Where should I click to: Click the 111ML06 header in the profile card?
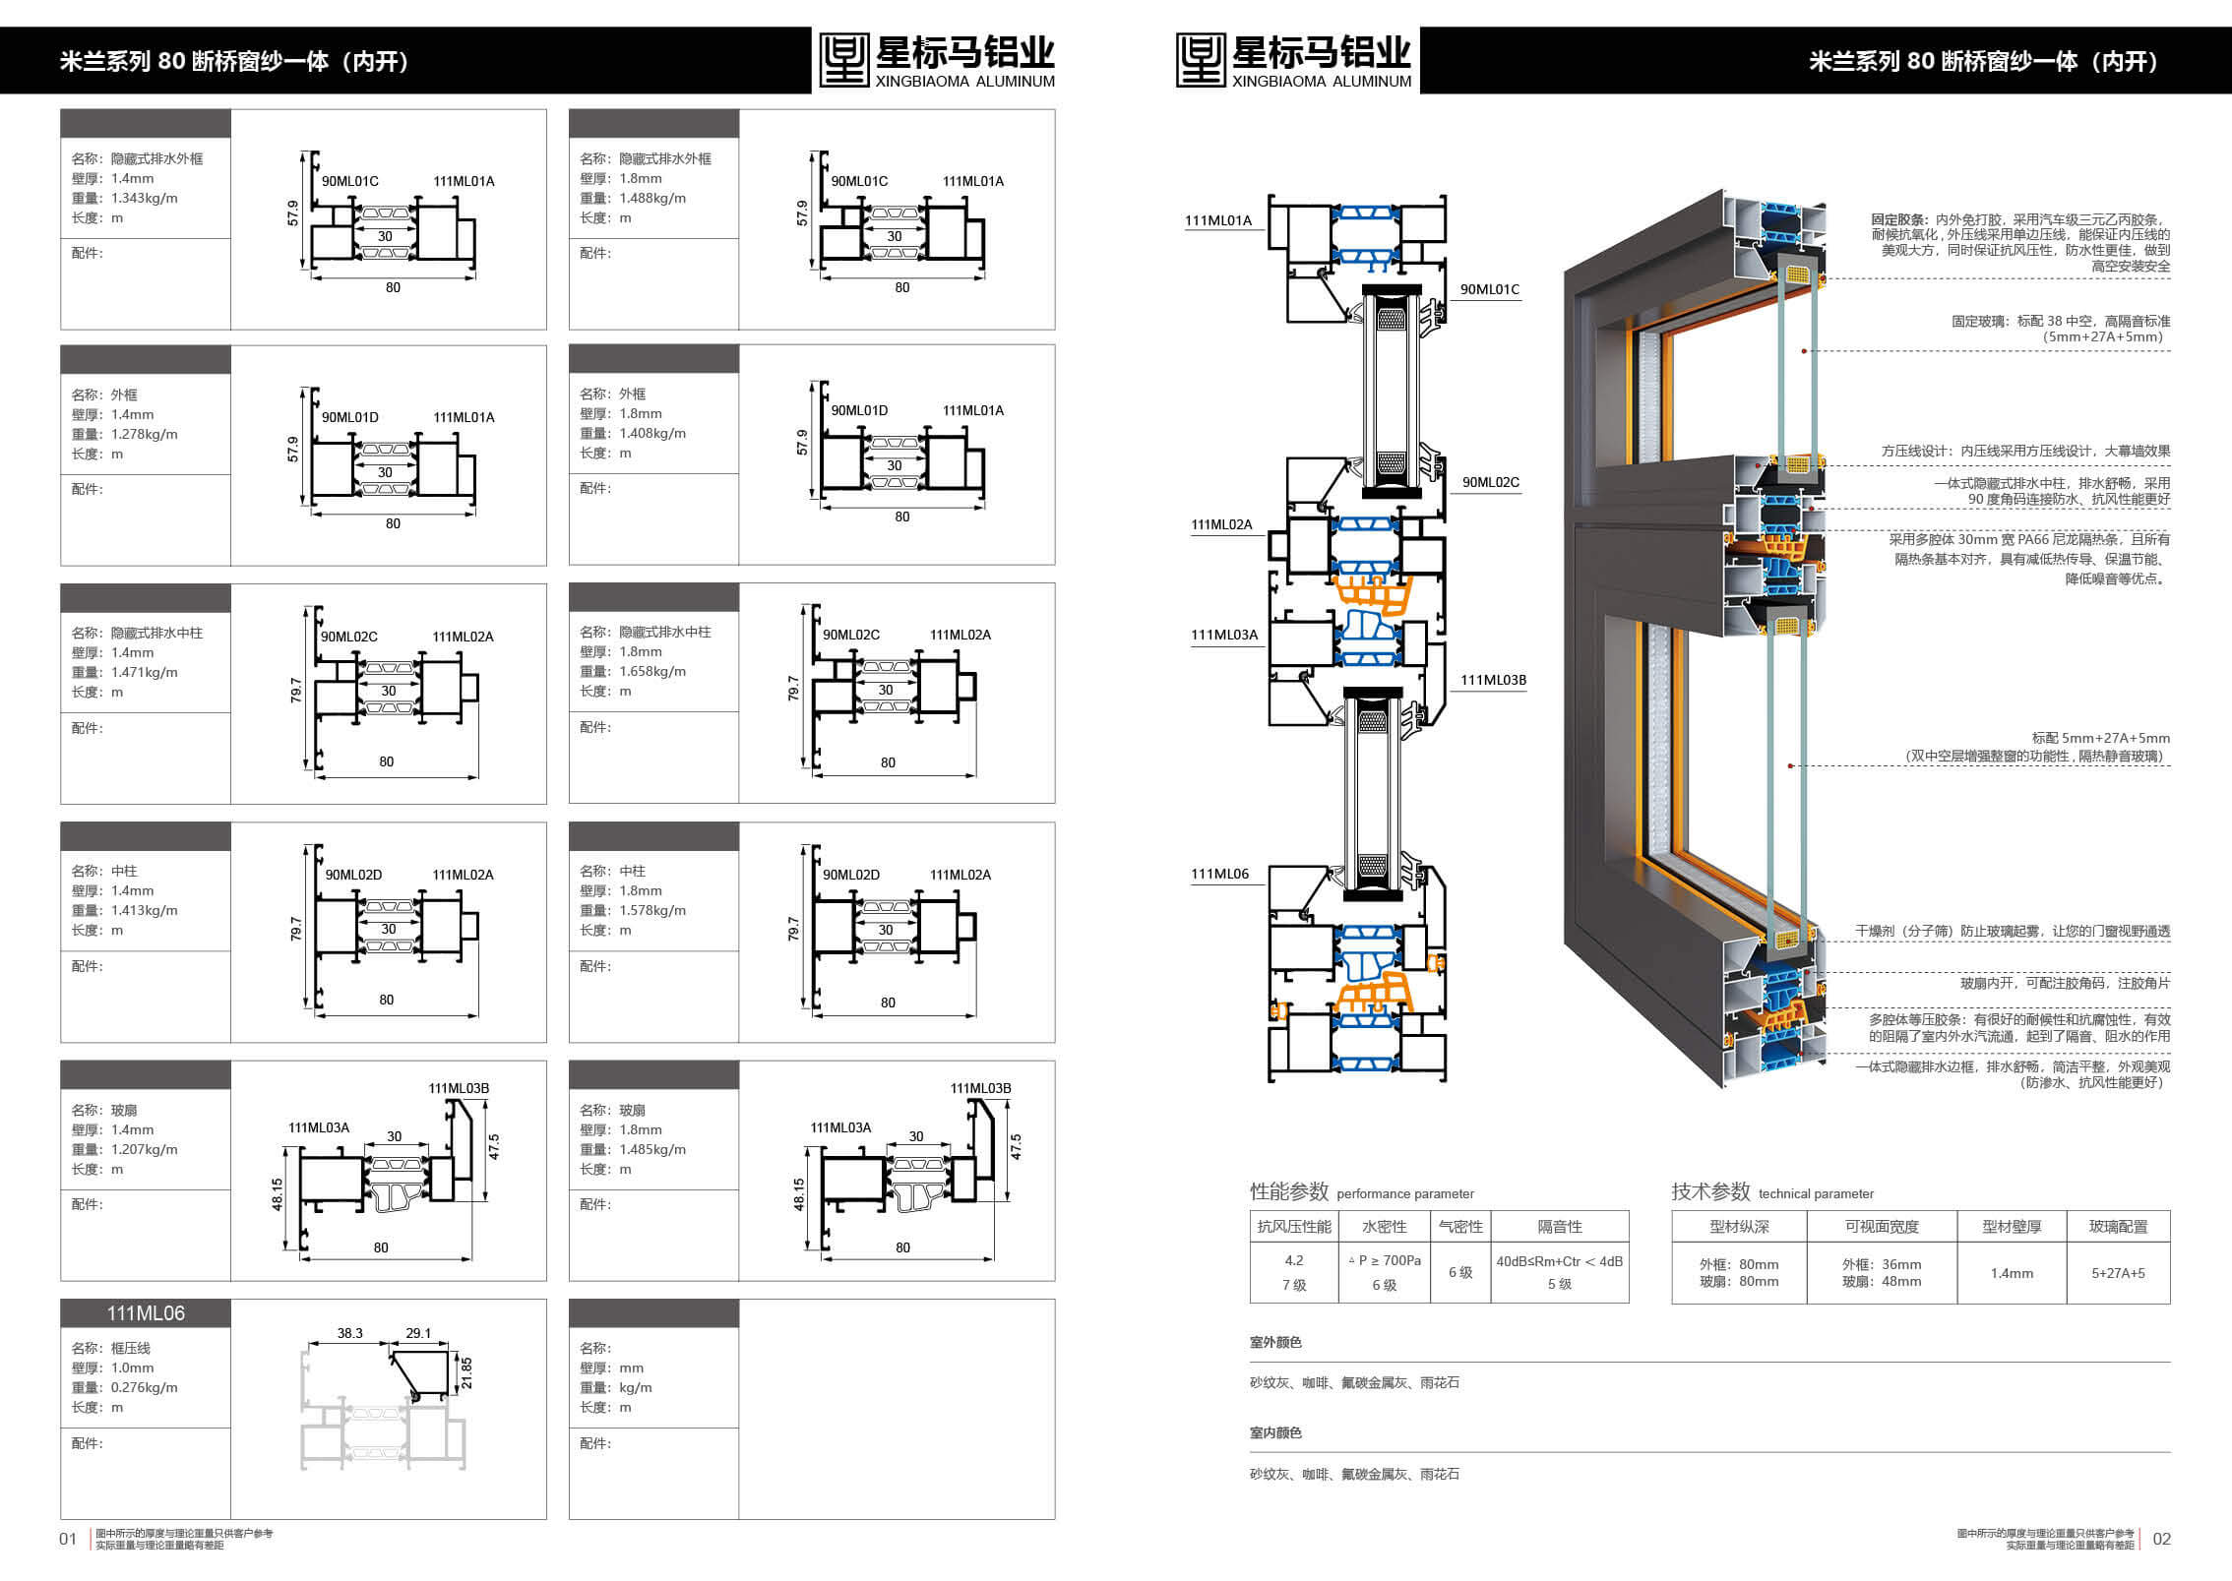[x=146, y=1313]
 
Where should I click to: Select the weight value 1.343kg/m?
[x=145, y=198]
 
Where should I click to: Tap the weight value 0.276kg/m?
[x=145, y=1387]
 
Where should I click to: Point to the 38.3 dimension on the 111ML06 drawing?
[x=350, y=1333]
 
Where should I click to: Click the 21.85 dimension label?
[x=466, y=1372]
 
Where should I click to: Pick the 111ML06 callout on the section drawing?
[x=1219, y=874]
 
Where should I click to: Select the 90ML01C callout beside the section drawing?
[x=1490, y=289]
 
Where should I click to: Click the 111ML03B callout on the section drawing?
[x=1493, y=680]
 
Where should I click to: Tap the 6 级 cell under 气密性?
[x=1460, y=1272]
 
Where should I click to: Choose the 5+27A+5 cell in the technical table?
[x=2118, y=1273]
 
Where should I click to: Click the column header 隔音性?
[x=1560, y=1227]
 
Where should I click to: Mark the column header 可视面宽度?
[x=1882, y=1227]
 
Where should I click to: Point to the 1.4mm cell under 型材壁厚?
[x=2012, y=1273]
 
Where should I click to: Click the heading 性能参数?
[x=1289, y=1191]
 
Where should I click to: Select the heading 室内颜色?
[x=1275, y=1432]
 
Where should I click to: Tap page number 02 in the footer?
[x=2161, y=1539]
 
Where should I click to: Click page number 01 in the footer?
[x=68, y=1539]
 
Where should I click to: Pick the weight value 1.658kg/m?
[x=652, y=671]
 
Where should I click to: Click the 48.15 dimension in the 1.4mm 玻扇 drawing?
[x=278, y=1194]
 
